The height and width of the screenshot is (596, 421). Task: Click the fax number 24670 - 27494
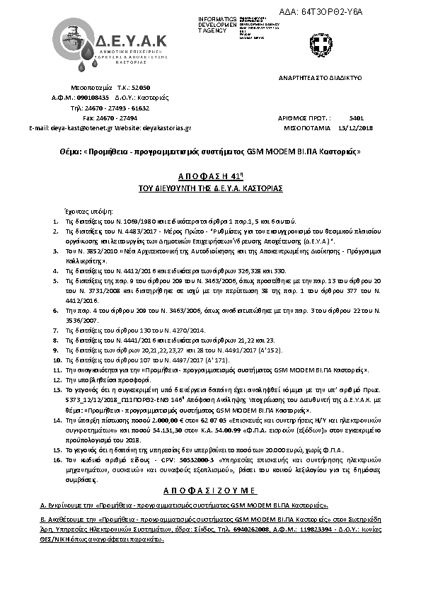pos(120,118)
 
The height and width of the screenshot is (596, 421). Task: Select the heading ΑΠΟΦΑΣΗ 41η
pos(209,175)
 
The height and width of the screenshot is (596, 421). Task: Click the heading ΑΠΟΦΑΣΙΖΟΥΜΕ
pos(209,490)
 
